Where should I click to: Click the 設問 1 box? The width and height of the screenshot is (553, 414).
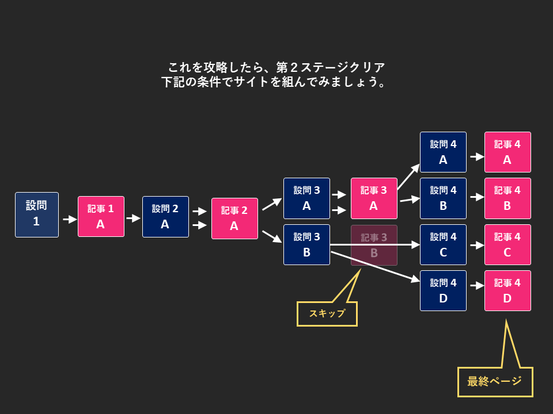(37, 214)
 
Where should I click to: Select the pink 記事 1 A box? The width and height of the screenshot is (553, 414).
(101, 217)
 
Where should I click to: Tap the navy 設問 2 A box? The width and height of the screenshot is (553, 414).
(165, 217)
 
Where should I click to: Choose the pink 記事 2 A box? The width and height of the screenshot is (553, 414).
(234, 218)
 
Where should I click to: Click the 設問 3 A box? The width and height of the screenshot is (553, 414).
(306, 198)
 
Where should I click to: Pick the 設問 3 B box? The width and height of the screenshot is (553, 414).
(306, 244)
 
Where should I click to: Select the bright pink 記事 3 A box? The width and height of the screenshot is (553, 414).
(374, 198)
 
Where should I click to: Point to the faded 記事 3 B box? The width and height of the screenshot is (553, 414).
(374, 246)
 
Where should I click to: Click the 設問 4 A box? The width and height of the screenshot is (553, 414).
(443, 152)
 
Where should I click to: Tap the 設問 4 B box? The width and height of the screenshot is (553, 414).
(443, 198)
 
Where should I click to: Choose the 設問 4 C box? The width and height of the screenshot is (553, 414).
(443, 244)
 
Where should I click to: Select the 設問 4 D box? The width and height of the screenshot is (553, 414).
(443, 290)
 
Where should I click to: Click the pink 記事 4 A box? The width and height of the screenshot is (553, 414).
(507, 152)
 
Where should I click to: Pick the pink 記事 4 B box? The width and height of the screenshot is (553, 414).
(507, 198)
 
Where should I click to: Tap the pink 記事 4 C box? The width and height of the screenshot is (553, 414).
(507, 244)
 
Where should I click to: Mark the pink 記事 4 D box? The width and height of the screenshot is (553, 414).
(507, 290)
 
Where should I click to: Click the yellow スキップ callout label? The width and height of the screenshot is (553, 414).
(327, 314)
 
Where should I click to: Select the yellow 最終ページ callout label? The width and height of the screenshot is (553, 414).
(495, 382)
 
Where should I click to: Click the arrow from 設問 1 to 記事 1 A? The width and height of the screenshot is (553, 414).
(70, 219)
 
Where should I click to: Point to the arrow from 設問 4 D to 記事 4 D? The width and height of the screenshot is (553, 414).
(477, 285)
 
